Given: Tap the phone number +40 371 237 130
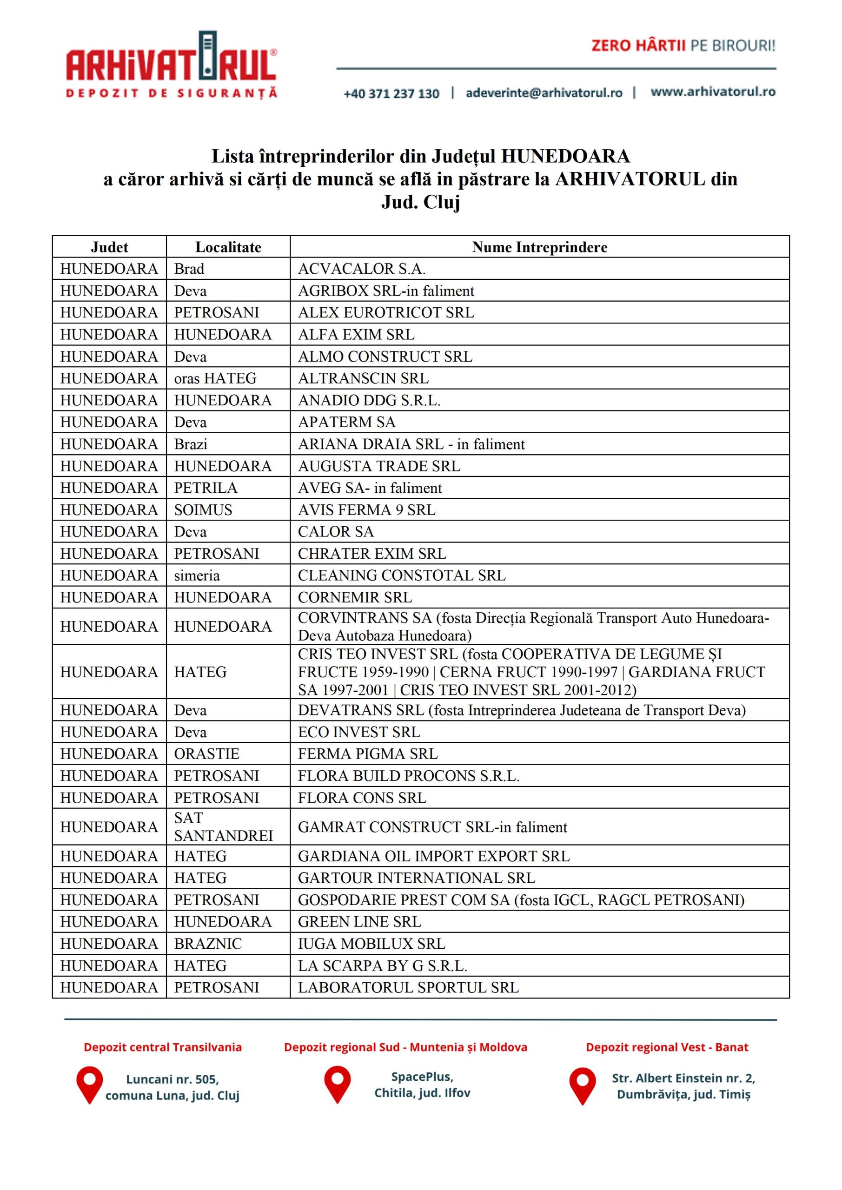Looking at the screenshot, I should tap(391, 94).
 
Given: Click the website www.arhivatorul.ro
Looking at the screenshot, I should tap(713, 92).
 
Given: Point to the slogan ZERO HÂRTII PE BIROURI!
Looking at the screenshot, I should tap(683, 46).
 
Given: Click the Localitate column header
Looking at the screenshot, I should tap(228, 247).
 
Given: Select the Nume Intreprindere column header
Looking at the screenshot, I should tap(539, 247).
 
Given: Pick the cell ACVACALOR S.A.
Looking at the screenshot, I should tap(361, 269).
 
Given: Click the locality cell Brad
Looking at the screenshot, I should tap(189, 269).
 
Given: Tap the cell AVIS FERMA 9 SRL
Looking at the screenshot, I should tap(366, 510).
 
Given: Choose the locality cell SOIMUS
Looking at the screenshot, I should tap(203, 510).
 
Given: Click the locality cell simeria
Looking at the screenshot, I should tap(197, 575).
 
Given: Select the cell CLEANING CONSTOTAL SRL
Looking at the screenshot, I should tap(401, 575).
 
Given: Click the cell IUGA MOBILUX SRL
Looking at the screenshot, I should tap(371, 944).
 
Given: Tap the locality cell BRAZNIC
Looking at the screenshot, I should tap(208, 944).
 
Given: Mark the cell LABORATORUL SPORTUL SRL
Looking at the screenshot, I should tap(408, 987).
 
